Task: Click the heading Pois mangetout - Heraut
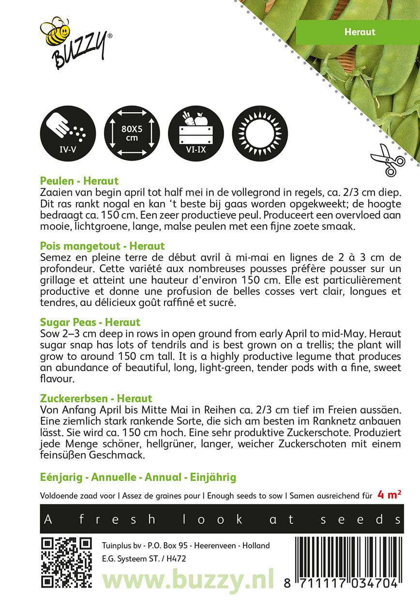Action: [103, 246]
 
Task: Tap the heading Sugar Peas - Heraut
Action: [90, 322]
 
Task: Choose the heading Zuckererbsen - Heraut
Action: [96, 398]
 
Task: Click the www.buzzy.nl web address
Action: [188, 579]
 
